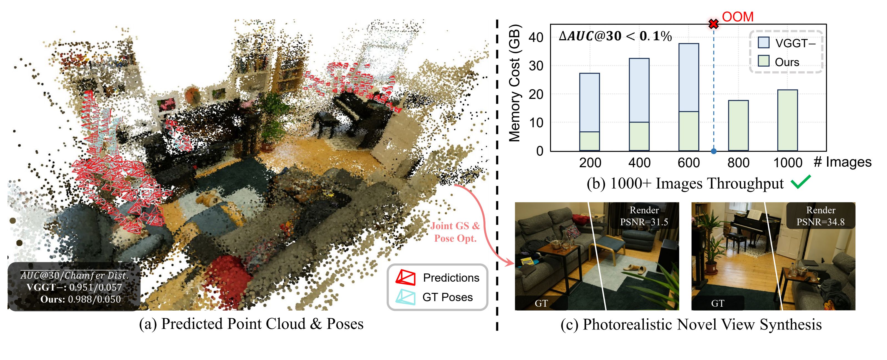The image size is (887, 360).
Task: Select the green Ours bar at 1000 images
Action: coord(787,120)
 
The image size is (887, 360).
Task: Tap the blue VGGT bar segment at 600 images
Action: coord(689,77)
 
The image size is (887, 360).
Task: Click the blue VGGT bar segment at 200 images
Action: coord(589,102)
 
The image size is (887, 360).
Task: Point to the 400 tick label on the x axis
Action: coord(639,162)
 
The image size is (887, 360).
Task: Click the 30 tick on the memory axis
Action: coord(536,66)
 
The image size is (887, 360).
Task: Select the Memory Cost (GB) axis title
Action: coord(515,83)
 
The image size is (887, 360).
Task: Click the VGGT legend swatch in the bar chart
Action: coord(763,43)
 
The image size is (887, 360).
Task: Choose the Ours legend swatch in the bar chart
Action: coord(763,61)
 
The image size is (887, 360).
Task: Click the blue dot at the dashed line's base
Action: coord(714,151)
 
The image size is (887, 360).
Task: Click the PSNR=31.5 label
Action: coord(644,222)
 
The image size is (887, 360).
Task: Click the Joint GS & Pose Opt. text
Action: coord(455,232)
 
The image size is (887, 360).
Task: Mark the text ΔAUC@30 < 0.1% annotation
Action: coord(615,36)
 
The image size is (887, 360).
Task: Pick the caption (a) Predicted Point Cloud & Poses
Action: coord(251,324)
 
